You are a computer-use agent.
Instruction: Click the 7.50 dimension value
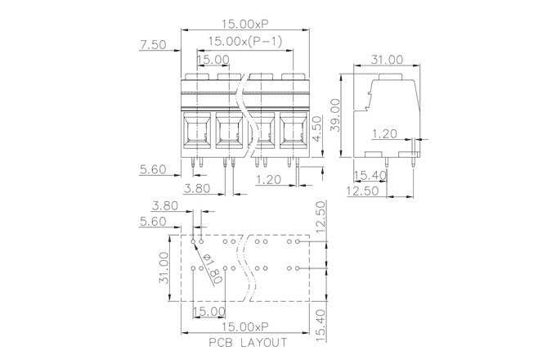click(x=154, y=46)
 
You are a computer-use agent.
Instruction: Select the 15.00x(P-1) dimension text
click(x=245, y=41)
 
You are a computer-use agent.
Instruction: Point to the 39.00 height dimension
click(x=335, y=116)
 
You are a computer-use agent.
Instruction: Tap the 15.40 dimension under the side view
click(x=370, y=175)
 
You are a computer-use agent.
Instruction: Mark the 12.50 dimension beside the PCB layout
click(x=321, y=218)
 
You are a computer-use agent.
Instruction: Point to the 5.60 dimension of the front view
click(x=154, y=170)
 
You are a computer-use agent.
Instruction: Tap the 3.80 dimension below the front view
click(x=200, y=187)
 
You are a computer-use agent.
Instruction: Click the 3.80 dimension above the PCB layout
click(x=166, y=206)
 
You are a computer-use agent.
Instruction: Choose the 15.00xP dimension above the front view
click(x=245, y=24)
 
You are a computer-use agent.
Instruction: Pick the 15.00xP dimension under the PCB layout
click(x=245, y=326)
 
